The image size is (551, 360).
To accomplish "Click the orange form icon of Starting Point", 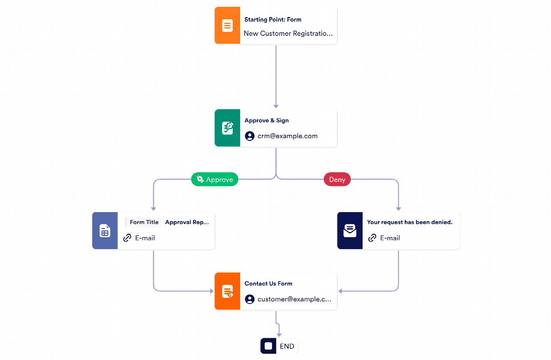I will pyautogui.click(x=227, y=26).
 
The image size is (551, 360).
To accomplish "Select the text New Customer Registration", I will pyautogui.click(x=288, y=34).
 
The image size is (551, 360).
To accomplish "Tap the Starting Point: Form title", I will pyautogui.click(x=273, y=19).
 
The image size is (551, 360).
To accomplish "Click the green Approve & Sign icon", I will pyautogui.click(x=227, y=128).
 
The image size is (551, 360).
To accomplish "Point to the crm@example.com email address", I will pyautogui.click(x=287, y=136).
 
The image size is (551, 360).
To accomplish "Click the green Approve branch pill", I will pyautogui.click(x=215, y=179).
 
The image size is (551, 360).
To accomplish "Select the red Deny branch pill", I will pyautogui.click(x=337, y=179).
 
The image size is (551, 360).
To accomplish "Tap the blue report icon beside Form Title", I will pyautogui.click(x=105, y=231).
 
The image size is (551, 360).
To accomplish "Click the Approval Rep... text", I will pyautogui.click(x=187, y=222).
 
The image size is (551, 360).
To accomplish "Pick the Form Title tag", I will pyautogui.click(x=143, y=222).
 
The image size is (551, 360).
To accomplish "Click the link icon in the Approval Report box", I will pyautogui.click(x=128, y=238).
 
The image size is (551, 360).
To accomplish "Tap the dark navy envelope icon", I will pyautogui.click(x=349, y=231).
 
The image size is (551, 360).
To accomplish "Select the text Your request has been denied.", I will pyautogui.click(x=409, y=222).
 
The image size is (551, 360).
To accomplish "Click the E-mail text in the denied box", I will pyautogui.click(x=390, y=238).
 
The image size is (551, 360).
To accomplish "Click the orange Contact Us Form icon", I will pyautogui.click(x=227, y=291).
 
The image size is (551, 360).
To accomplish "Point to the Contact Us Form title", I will pyautogui.click(x=268, y=283).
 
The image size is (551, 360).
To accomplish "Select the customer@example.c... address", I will pyautogui.click(x=294, y=299).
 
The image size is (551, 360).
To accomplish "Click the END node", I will pyautogui.click(x=279, y=346).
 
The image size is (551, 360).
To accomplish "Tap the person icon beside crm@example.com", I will pyautogui.click(x=249, y=136).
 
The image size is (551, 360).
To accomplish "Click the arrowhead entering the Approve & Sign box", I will pyautogui.click(x=276, y=106).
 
